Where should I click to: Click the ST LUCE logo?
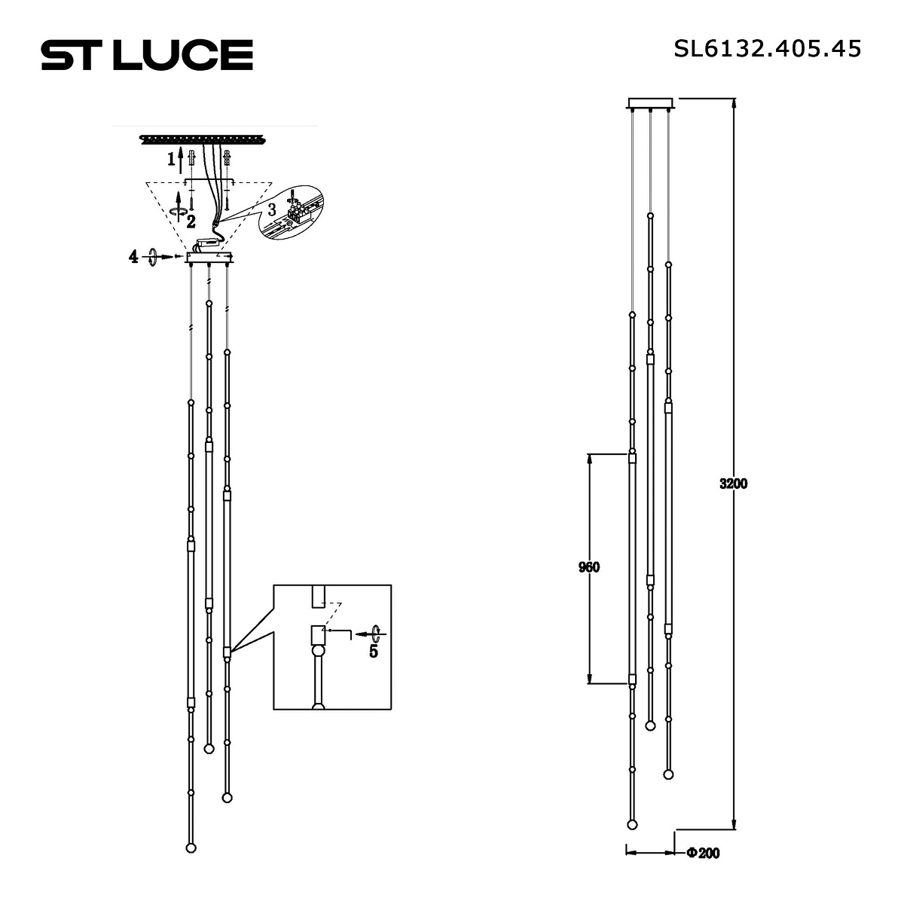pos(147,55)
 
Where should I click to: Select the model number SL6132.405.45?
pos(767,49)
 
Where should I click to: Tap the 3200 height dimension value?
pos(733,484)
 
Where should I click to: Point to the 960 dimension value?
pos(588,567)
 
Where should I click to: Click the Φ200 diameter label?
pos(703,854)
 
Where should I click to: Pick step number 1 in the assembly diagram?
pos(172,159)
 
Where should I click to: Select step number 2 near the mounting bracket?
pos(191,221)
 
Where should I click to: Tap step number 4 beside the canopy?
pos(133,257)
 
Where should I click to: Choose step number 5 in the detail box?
pos(373,652)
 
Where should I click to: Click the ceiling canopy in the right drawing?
pos(652,103)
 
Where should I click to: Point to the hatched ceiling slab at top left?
pos(203,139)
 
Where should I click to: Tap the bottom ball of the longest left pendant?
pos(191,847)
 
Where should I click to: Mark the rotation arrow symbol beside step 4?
pos(154,257)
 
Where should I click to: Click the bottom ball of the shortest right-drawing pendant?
pos(649,725)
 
